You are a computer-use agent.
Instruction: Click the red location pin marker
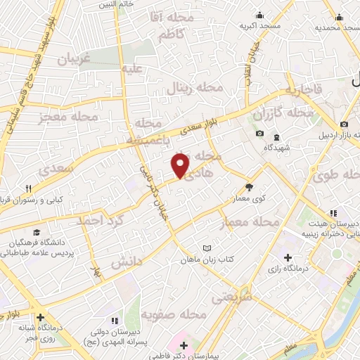[x=181, y=166]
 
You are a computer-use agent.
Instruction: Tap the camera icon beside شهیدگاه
[x=259, y=134]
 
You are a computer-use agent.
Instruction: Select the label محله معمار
[x=250, y=222]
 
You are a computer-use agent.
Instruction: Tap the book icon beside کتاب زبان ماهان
[x=207, y=247]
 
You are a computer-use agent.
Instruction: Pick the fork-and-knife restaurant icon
[x=29, y=188]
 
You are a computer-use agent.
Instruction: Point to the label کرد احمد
[x=110, y=220]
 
